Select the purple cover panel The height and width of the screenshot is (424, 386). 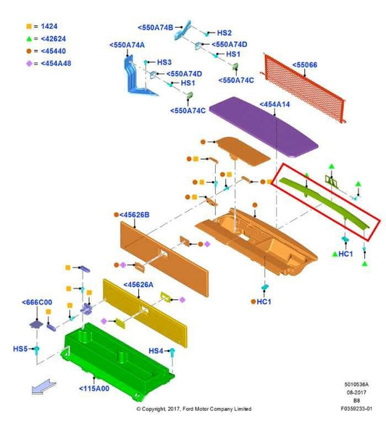tap(264, 127)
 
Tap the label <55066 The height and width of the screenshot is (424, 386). tap(305, 65)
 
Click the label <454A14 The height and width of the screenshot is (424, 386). tap(274, 104)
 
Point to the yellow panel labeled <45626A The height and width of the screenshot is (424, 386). tap(145, 313)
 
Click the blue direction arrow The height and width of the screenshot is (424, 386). tap(43, 387)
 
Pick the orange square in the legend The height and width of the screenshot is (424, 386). tap(29, 26)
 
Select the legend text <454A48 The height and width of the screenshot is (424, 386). tap(56, 63)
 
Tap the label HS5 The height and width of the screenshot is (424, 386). tap(20, 349)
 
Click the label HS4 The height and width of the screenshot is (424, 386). tap(156, 351)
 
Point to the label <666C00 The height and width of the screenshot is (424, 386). tap(37, 302)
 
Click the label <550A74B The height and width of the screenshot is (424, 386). tap(155, 28)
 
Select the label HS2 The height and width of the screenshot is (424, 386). tap(225, 33)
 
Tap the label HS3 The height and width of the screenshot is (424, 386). tap(164, 62)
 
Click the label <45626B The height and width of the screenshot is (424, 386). tap(134, 215)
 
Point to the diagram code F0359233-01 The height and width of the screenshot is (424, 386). tap(356, 409)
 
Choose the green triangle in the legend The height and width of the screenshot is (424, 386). tap(29, 38)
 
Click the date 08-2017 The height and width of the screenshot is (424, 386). tap(356, 392)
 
